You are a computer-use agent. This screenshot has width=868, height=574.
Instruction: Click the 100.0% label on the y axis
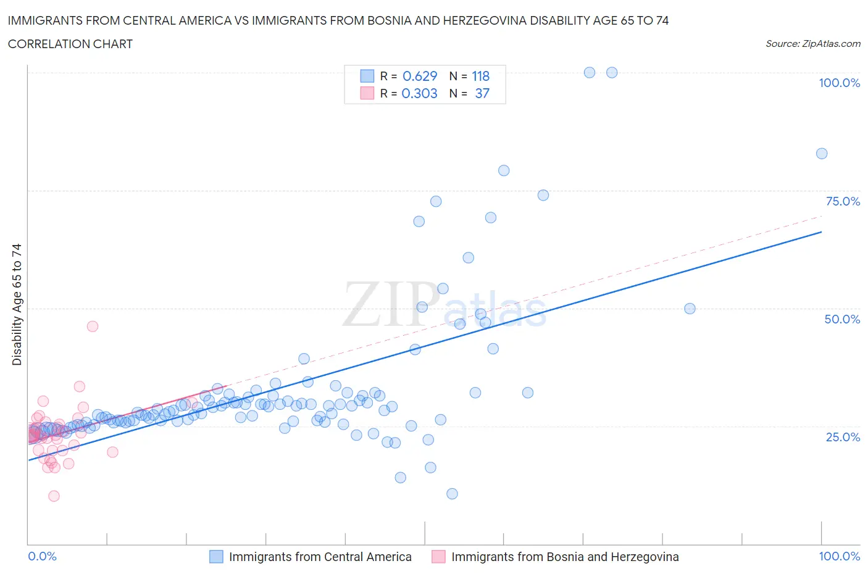tap(839, 83)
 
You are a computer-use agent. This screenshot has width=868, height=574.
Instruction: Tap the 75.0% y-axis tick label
tap(843, 201)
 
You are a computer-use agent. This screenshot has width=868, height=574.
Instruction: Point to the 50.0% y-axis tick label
tap(842, 319)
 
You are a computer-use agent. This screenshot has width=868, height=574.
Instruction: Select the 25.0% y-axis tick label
tap(843, 437)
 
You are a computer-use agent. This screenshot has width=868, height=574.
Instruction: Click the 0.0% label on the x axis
tap(42, 556)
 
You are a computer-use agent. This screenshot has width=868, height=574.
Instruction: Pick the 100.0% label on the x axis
tap(839, 556)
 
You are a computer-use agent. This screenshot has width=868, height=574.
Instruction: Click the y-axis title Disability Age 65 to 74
tap(17, 304)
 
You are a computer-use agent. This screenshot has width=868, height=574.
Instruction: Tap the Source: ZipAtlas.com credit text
tap(812, 44)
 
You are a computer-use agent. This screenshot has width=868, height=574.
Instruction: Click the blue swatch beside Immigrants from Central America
tap(216, 557)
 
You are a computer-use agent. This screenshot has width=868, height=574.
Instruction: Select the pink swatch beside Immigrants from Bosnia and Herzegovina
tap(438, 557)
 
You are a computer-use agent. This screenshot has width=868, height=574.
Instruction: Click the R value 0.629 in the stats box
tap(420, 76)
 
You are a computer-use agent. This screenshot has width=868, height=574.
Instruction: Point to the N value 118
tap(480, 76)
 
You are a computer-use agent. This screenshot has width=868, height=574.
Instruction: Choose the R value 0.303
tap(419, 93)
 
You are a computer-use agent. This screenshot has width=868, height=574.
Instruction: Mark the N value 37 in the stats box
tap(482, 93)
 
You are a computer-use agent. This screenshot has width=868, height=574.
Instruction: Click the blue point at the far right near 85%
tap(822, 154)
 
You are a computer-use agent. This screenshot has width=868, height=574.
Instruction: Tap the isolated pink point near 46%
tap(93, 327)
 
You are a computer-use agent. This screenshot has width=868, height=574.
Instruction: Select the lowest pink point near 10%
tap(54, 496)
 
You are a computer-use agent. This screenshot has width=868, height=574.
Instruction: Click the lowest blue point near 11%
tap(452, 494)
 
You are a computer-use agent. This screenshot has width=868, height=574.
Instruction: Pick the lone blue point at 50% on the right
tap(690, 309)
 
